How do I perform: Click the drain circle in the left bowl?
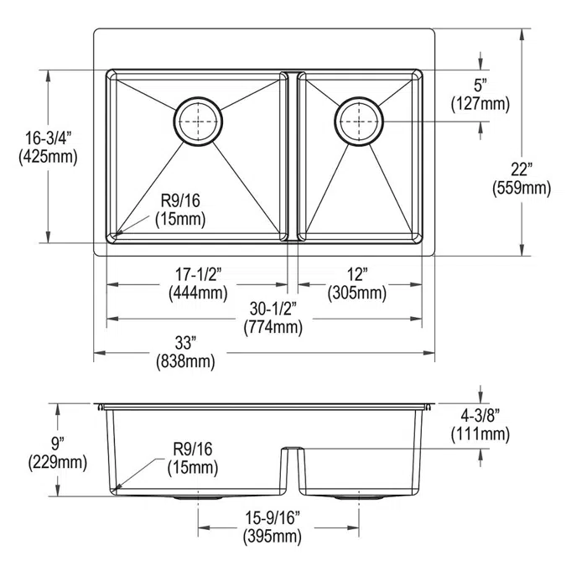click(199, 122)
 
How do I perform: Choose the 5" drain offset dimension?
click(480, 86)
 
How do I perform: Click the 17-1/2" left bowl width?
click(196, 275)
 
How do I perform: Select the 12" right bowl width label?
click(359, 275)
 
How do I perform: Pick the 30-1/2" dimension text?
click(272, 309)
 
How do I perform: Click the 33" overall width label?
click(185, 343)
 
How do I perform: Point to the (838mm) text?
click(185, 361)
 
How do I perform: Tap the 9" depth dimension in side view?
click(56, 443)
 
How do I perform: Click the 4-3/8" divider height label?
click(480, 415)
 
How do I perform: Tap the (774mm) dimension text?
click(272, 327)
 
